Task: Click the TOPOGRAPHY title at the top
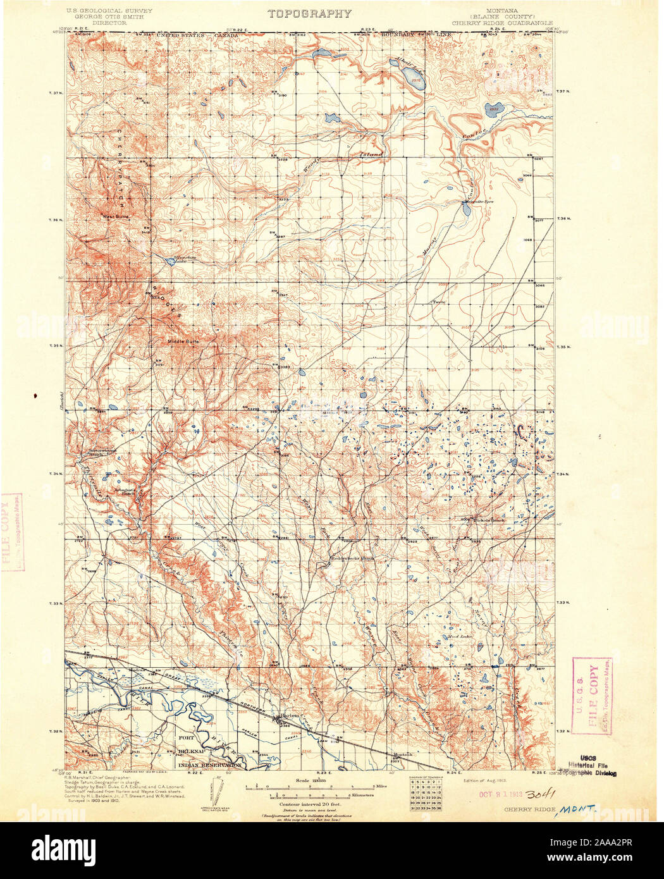click(x=309, y=14)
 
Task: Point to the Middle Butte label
click(x=183, y=341)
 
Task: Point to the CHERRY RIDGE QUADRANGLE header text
click(x=503, y=23)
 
